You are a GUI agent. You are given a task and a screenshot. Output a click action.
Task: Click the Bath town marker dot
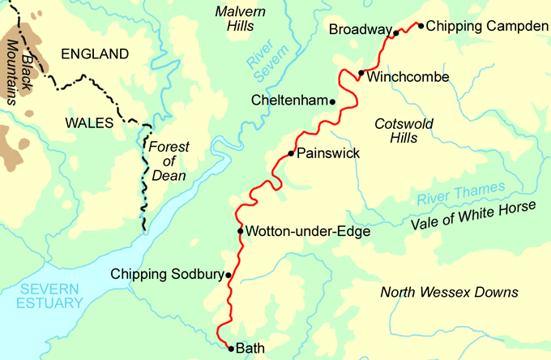pos(231,349)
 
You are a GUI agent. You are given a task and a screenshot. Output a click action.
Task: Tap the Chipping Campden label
pos(487,26)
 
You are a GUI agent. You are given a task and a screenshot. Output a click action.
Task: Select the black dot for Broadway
pos(396,33)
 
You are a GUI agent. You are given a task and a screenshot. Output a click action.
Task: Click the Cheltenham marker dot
pos(332,101)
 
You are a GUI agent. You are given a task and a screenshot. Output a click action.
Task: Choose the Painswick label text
pos(328,152)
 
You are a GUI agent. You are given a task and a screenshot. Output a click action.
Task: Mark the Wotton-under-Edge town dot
pos(240,231)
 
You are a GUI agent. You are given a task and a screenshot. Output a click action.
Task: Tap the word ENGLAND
pos(95,54)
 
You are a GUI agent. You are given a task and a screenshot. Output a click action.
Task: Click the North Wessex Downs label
pos(450,292)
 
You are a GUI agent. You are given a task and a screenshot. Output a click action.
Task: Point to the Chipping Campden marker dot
pos(421,25)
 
